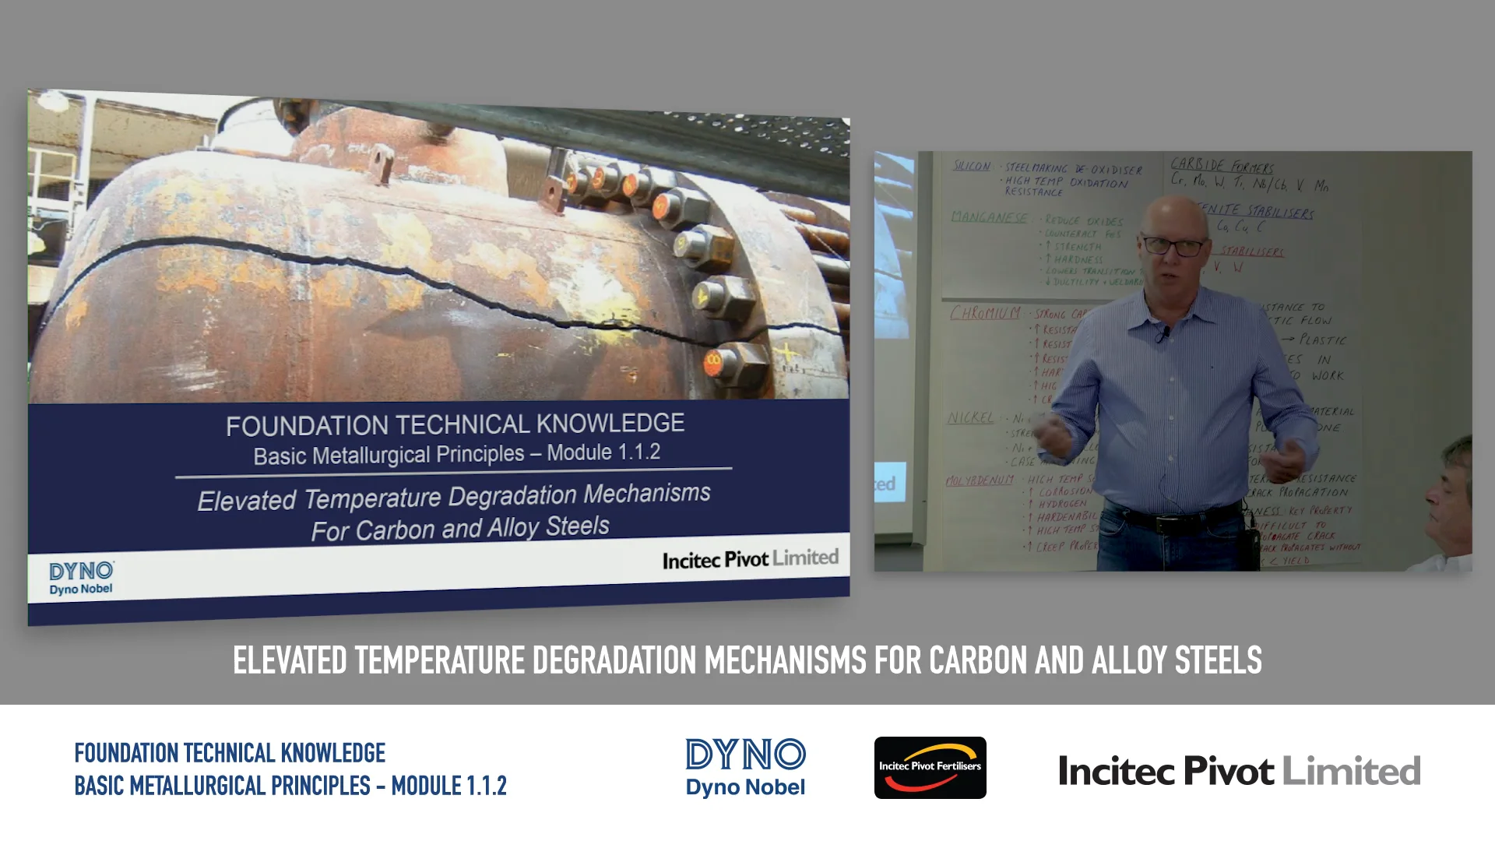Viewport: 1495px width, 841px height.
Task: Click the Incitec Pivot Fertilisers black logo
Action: point(930,768)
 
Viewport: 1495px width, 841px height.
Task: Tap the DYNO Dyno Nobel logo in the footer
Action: point(745,768)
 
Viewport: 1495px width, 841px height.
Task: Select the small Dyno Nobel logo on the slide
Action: point(81,579)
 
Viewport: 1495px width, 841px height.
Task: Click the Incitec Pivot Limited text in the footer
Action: point(1239,771)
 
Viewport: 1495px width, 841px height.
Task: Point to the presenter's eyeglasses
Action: point(1173,247)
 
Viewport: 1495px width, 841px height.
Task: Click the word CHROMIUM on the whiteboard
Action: point(984,313)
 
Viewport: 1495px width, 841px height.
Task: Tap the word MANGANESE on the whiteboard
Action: point(989,217)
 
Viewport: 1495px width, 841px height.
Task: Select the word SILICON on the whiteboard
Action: point(972,166)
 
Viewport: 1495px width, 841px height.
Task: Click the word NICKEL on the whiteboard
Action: point(970,418)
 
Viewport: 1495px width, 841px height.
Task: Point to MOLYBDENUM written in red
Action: point(980,480)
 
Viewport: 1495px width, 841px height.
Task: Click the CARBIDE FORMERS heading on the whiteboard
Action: point(1222,165)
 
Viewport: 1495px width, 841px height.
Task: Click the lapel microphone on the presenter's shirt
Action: point(1163,336)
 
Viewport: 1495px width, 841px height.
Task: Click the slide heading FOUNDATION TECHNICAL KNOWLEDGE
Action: point(455,424)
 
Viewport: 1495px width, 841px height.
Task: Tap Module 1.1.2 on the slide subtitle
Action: point(603,452)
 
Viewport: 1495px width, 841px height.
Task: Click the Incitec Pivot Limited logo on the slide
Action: point(750,559)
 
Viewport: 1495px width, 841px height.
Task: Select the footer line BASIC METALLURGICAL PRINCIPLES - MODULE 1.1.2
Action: point(290,786)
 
